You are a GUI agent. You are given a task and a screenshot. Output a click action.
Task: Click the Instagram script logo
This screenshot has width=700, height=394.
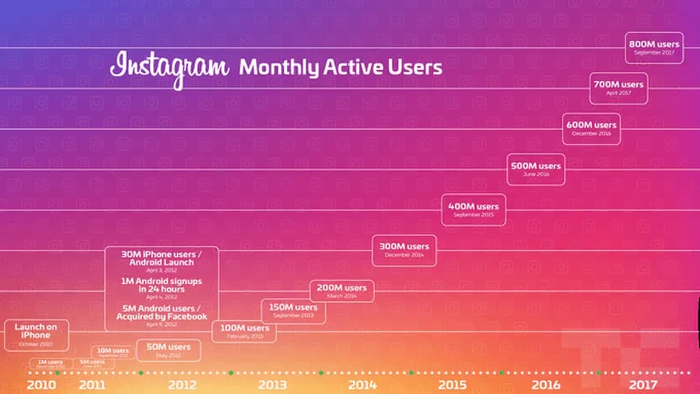169,68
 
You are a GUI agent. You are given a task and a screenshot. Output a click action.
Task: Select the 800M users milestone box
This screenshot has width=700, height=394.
654,48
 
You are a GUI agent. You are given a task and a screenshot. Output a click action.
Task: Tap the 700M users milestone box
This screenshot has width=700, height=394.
618,88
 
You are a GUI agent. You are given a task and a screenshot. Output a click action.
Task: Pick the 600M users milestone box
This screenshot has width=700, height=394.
591,128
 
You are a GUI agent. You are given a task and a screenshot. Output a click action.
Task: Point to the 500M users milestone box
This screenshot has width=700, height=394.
535,169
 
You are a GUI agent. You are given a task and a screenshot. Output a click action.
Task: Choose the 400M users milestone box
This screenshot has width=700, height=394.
474,210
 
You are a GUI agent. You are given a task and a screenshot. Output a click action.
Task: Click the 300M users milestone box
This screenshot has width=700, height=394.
404,250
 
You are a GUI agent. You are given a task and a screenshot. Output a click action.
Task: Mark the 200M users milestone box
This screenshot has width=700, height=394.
342,291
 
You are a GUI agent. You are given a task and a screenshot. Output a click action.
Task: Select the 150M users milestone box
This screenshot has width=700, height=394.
293,311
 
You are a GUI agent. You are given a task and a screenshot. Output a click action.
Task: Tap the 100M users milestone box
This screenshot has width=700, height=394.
244,331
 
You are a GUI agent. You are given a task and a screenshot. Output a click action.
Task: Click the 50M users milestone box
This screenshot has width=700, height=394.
169,350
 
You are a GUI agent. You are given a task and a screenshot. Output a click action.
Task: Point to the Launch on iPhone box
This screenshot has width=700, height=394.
36,335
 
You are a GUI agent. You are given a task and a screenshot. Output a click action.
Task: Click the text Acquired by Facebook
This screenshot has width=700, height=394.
162,317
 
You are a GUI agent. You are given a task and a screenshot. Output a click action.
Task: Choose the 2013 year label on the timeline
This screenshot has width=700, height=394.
272,385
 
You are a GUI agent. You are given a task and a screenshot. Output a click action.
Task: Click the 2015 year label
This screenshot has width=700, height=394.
452,385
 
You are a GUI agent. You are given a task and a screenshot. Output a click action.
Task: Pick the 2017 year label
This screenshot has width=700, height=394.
643,385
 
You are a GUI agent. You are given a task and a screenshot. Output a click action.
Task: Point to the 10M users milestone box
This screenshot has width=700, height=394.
111,352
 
